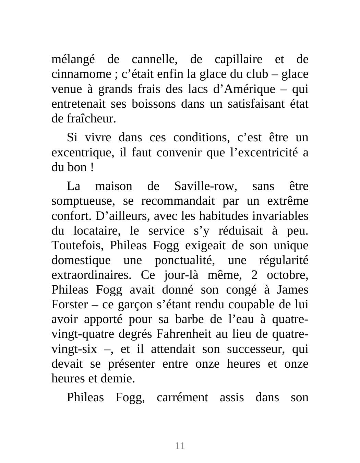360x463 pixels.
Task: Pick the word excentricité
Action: point(264,152)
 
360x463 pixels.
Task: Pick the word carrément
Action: point(182,397)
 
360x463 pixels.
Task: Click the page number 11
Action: point(180,446)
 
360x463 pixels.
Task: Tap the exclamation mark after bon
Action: point(92,167)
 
